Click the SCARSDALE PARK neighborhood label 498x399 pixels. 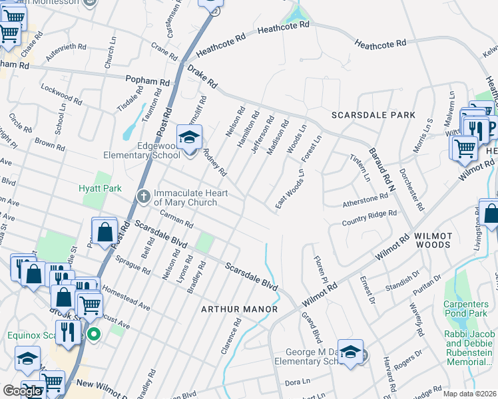click(x=373, y=115)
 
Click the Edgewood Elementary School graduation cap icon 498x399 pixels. click(x=189, y=138)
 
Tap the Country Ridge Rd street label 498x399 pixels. click(x=369, y=218)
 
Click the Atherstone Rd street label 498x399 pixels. click(x=364, y=199)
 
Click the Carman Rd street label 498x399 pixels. click(x=176, y=219)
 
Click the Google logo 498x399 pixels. click(x=22, y=391)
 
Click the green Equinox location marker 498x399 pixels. click(x=94, y=334)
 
